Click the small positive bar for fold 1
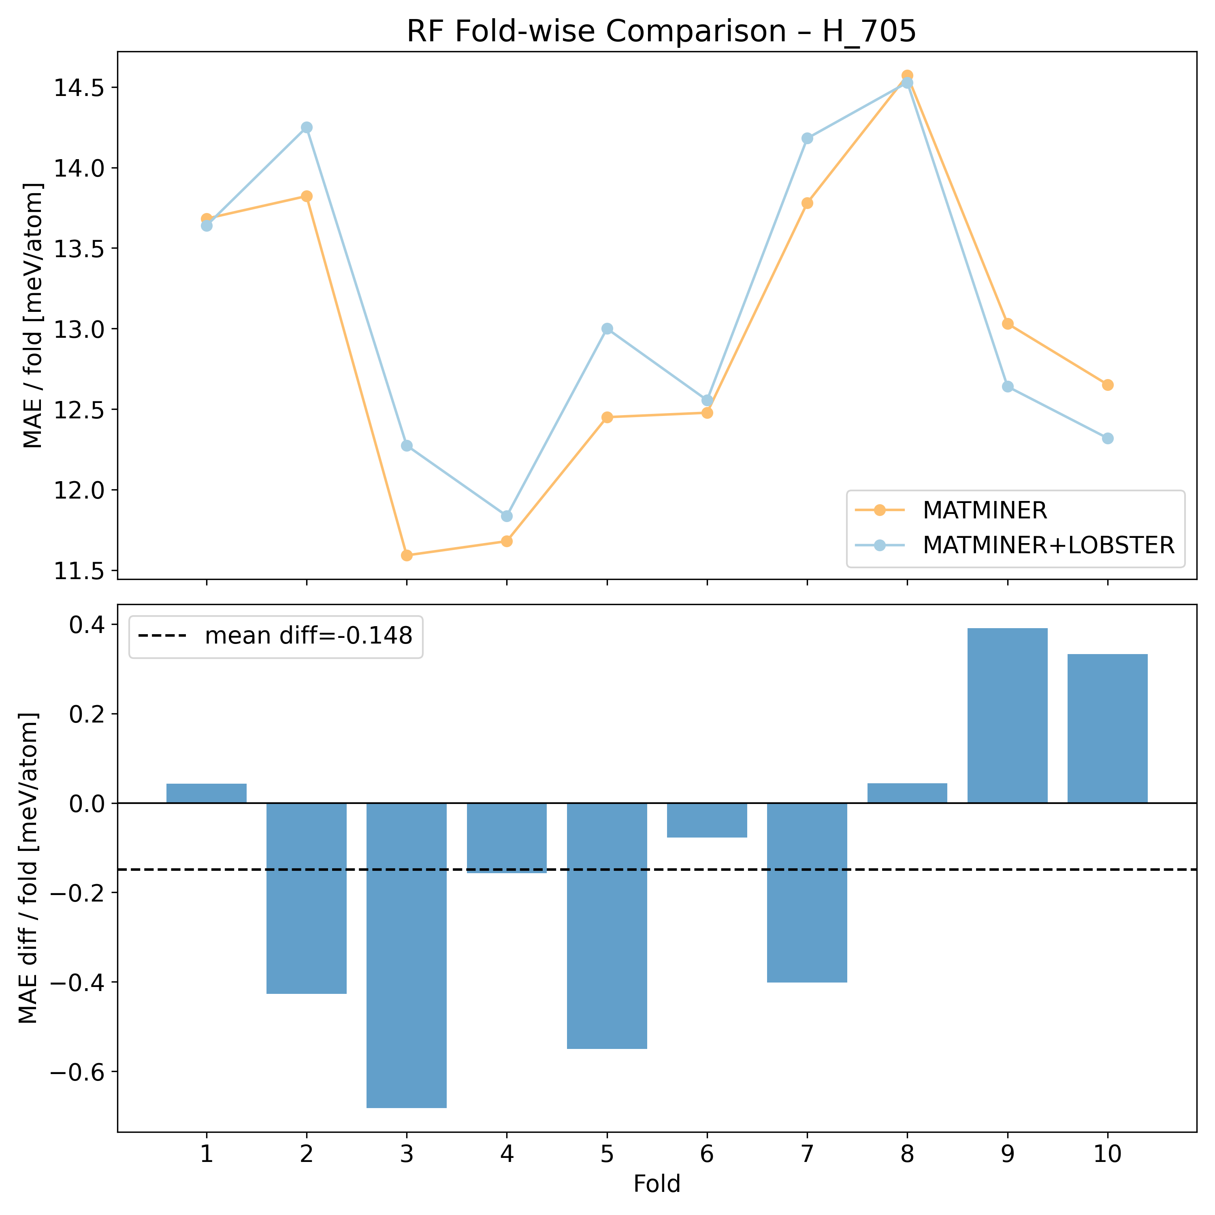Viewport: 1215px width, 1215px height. click(x=206, y=794)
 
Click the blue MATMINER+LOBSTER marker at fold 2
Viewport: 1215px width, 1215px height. click(x=306, y=128)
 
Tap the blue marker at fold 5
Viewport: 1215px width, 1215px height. click(x=607, y=329)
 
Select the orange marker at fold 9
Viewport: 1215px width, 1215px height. click(x=1008, y=324)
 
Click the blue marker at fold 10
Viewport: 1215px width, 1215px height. click(x=1107, y=438)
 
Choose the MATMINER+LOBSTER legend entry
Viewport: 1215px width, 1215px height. click(x=1048, y=545)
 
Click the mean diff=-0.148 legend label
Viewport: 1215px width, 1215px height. click(x=308, y=636)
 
